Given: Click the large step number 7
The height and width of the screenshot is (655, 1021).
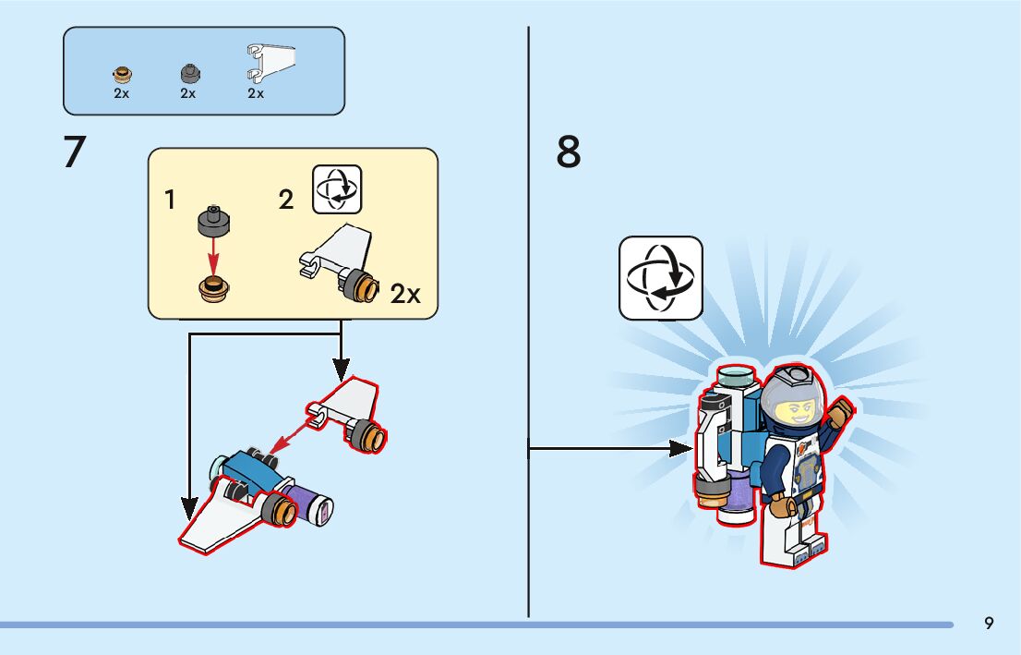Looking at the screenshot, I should (75, 152).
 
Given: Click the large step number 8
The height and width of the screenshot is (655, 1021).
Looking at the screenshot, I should (569, 152).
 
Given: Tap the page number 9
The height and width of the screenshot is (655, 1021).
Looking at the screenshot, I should (989, 623).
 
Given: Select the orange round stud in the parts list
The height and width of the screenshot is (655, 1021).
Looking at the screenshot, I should (122, 74).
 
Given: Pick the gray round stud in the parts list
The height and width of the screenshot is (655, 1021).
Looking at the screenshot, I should (189, 73).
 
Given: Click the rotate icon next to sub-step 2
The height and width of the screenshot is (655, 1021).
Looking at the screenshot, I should (337, 189).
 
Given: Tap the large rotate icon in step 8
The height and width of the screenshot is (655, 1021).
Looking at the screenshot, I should (660, 277).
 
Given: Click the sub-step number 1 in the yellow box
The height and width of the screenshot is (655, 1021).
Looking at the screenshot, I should (170, 200).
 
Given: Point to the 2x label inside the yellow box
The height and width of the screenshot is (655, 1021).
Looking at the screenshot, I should (405, 295).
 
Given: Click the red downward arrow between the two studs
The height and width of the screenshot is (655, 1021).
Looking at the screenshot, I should (214, 252).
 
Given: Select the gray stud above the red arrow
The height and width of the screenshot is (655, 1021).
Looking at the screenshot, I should (214, 221).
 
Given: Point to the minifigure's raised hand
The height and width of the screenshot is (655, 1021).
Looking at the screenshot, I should (842, 410).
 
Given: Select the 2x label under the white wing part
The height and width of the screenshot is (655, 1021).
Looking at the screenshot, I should (256, 93).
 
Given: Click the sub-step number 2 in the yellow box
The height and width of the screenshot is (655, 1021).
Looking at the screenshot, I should (286, 200).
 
